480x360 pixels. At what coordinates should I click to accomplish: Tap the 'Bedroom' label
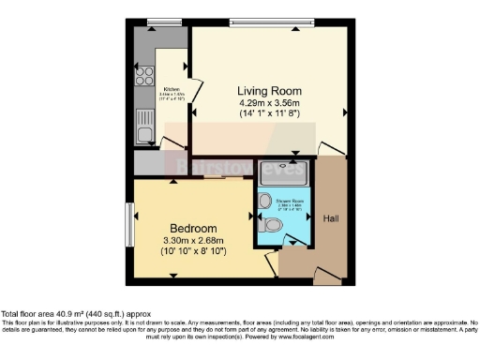(x=193, y=228)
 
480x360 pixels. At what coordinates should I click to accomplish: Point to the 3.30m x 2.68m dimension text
(x=193, y=240)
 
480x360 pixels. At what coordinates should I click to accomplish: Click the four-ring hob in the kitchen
(x=145, y=77)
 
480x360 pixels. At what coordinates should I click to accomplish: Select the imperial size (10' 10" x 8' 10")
(x=193, y=251)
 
